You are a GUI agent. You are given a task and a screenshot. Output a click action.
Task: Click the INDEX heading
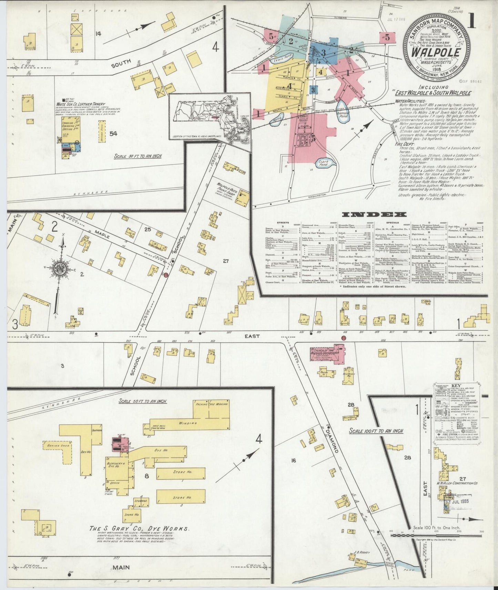pos(374,215)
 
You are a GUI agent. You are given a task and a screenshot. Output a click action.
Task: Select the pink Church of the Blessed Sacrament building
pos(328,354)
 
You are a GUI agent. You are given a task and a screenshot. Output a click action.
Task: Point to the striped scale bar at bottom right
pos(436,536)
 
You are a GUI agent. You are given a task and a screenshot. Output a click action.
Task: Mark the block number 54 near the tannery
pos(113,134)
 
